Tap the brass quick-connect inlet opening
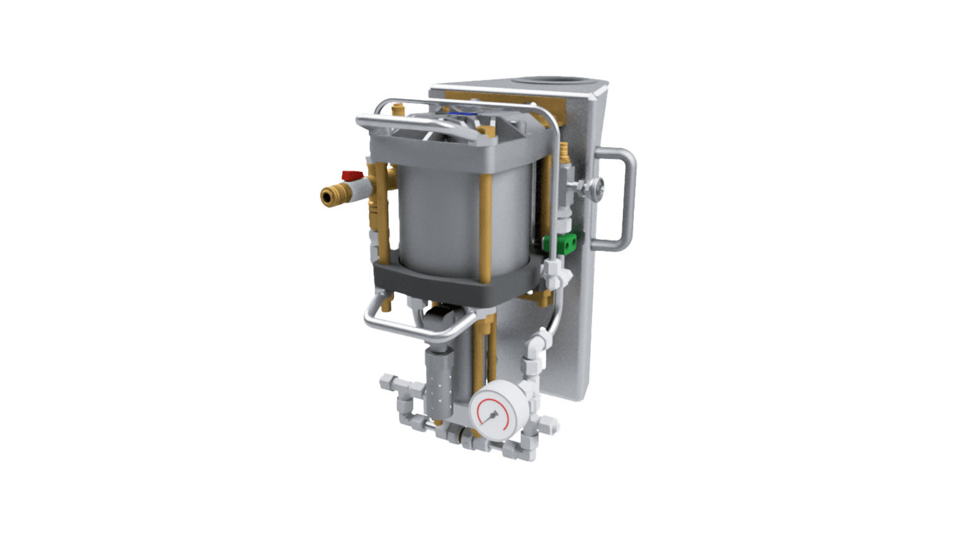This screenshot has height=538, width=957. pos(326,197)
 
